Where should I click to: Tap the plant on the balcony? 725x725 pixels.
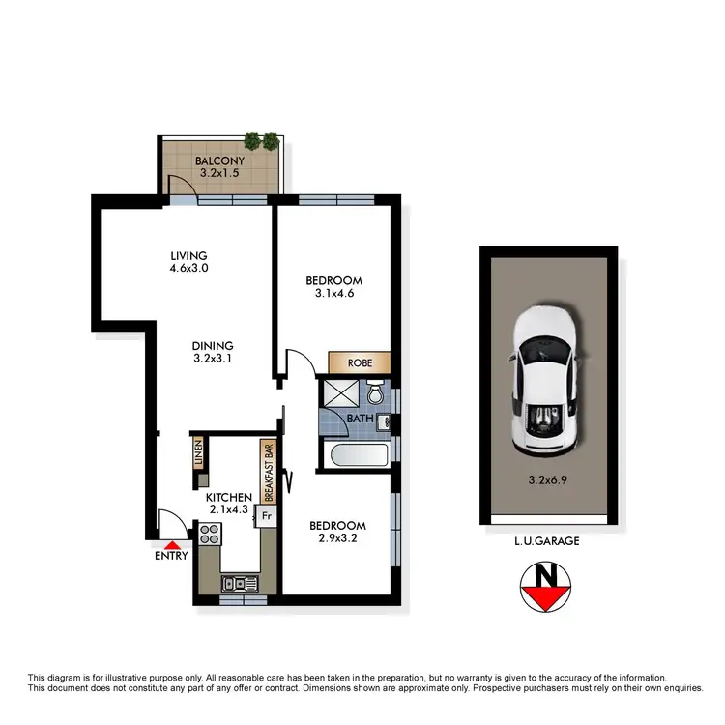261,141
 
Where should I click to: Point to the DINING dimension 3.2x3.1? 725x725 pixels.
212,359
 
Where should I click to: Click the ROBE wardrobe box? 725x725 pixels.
360,362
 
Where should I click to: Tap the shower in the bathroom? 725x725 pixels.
339,395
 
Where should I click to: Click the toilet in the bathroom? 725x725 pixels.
377,394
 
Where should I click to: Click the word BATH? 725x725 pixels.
361,419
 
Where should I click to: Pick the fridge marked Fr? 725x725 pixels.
267,516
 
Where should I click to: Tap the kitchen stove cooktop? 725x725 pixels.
210,534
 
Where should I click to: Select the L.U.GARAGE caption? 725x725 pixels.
547,542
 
